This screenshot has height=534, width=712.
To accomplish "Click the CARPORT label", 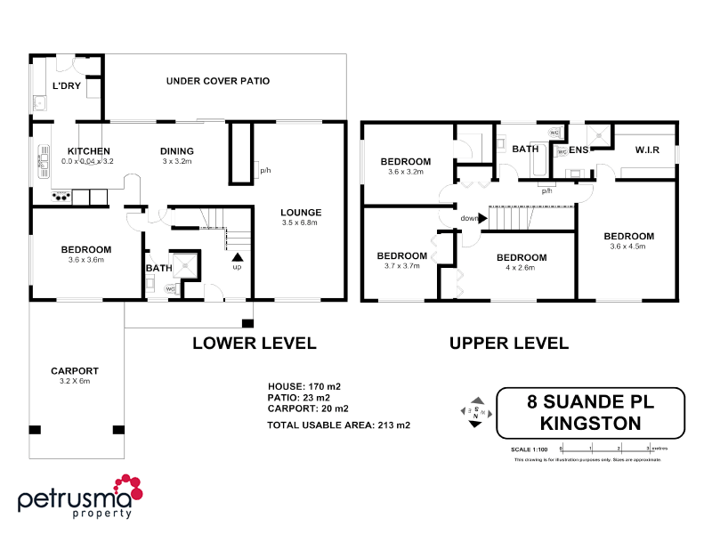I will pos(75,371).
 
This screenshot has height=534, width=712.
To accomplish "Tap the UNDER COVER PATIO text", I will pos(218,81).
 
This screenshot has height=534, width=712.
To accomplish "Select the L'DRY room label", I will pos(67,86).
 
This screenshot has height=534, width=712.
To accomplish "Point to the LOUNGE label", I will pos(300,212).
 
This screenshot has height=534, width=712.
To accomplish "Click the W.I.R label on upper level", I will pos(646,150).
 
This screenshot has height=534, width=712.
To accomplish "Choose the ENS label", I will pos(579,150).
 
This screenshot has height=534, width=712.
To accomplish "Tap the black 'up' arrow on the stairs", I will pos(237,255).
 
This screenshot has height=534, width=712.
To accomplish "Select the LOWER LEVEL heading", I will pos(255,343).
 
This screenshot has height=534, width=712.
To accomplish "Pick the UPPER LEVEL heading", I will pos(509,343).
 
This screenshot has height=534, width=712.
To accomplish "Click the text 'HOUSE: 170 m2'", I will pos(305,386).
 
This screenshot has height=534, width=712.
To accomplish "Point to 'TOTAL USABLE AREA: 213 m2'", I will pos(339,425).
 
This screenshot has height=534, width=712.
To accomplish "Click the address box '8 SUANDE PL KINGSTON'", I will pos(590,413).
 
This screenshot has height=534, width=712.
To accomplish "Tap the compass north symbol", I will pos(477,412).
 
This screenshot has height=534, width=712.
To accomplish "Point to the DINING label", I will pos(177,151).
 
